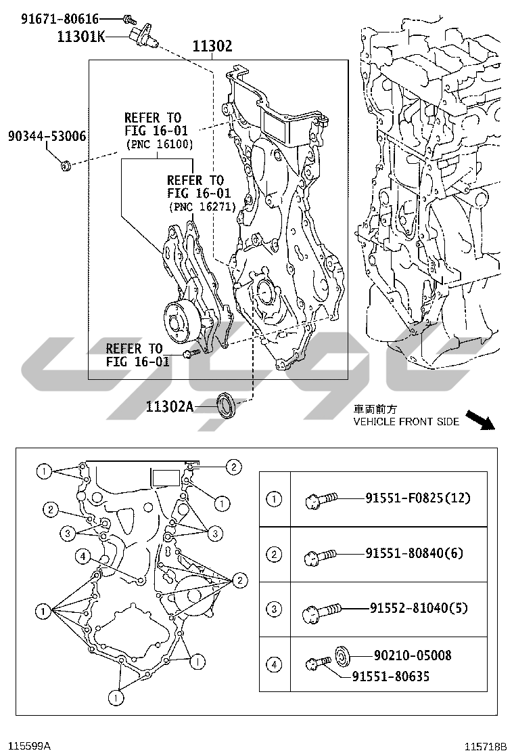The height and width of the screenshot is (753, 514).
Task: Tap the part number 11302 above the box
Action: point(212,46)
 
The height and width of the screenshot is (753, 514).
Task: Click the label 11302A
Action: point(170,406)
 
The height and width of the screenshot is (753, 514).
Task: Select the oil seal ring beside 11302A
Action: point(225,404)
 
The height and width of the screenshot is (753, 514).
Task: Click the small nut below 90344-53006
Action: point(66,165)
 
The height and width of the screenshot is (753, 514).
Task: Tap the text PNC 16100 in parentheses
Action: point(159,144)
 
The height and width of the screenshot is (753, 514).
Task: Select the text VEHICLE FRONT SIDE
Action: point(406,421)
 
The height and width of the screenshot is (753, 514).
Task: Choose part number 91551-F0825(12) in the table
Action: point(417,498)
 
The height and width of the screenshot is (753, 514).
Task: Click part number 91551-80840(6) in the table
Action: point(414,553)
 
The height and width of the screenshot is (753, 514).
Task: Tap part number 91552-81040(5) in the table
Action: point(419,608)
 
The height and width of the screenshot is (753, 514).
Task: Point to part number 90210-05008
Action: point(413,655)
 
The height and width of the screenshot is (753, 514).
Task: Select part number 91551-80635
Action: point(390,676)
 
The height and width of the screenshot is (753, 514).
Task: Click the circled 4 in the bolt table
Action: point(274,665)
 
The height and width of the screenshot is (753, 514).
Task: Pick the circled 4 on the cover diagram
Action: point(83,557)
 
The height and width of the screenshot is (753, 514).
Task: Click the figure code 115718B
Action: point(485,746)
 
